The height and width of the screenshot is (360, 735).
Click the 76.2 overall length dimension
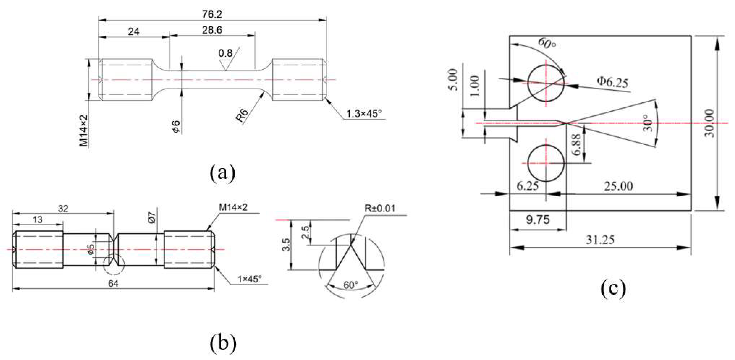[x=212, y=14]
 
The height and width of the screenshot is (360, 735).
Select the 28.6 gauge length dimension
[x=212, y=30]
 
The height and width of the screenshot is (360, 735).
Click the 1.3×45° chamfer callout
[x=364, y=114]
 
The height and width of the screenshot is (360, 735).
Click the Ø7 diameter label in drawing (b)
[x=152, y=217]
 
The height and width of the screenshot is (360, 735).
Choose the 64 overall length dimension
[x=113, y=284]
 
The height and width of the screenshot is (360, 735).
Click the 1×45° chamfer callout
[x=250, y=279]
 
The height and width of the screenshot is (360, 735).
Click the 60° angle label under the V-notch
[x=350, y=285]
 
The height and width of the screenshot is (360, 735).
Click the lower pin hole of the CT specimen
[x=546, y=163]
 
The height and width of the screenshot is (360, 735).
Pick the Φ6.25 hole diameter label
[x=613, y=82]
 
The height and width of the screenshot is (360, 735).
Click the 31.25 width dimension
[x=600, y=240]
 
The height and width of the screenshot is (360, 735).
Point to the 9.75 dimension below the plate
[x=538, y=219]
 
